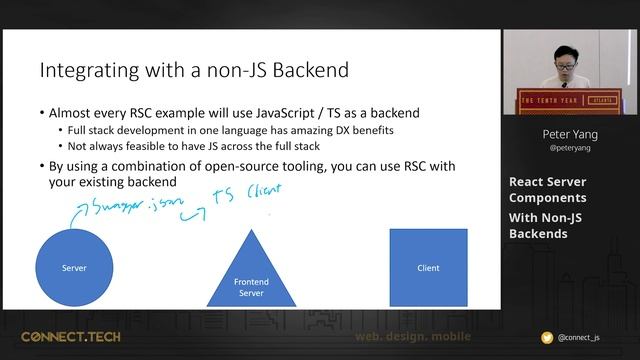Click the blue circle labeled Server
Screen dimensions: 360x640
[74, 267]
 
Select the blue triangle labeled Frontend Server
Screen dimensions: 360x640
[251, 275]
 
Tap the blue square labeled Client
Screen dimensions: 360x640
[427, 267]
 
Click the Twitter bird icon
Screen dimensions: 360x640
[546, 338]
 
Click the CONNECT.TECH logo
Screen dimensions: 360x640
[70, 337]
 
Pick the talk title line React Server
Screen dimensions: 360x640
[547, 181]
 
